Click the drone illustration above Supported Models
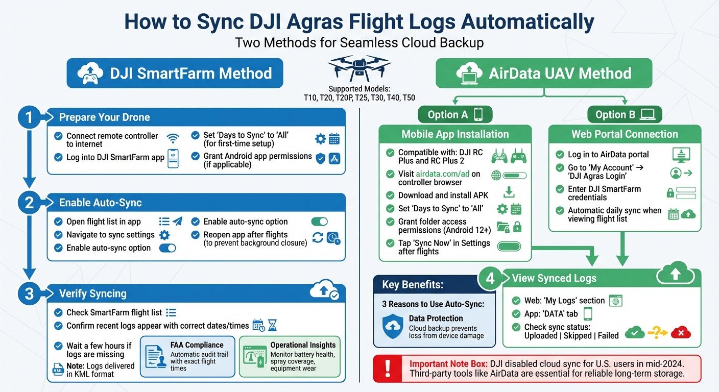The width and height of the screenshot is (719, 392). click(x=359, y=67)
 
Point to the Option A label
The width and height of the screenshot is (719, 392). click(x=448, y=114)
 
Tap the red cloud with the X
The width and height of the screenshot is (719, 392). click(x=681, y=333)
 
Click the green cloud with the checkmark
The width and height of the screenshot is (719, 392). click(x=635, y=333)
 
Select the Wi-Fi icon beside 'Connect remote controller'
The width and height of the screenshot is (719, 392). click(x=173, y=138)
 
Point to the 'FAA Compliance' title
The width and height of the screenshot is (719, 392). click(x=197, y=345)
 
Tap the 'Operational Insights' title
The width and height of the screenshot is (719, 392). click(x=303, y=345)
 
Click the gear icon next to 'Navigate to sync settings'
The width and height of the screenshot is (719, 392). click(x=164, y=235)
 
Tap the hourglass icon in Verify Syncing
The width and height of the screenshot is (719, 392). click(x=272, y=326)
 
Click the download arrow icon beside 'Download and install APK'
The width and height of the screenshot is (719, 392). click(x=508, y=192)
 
